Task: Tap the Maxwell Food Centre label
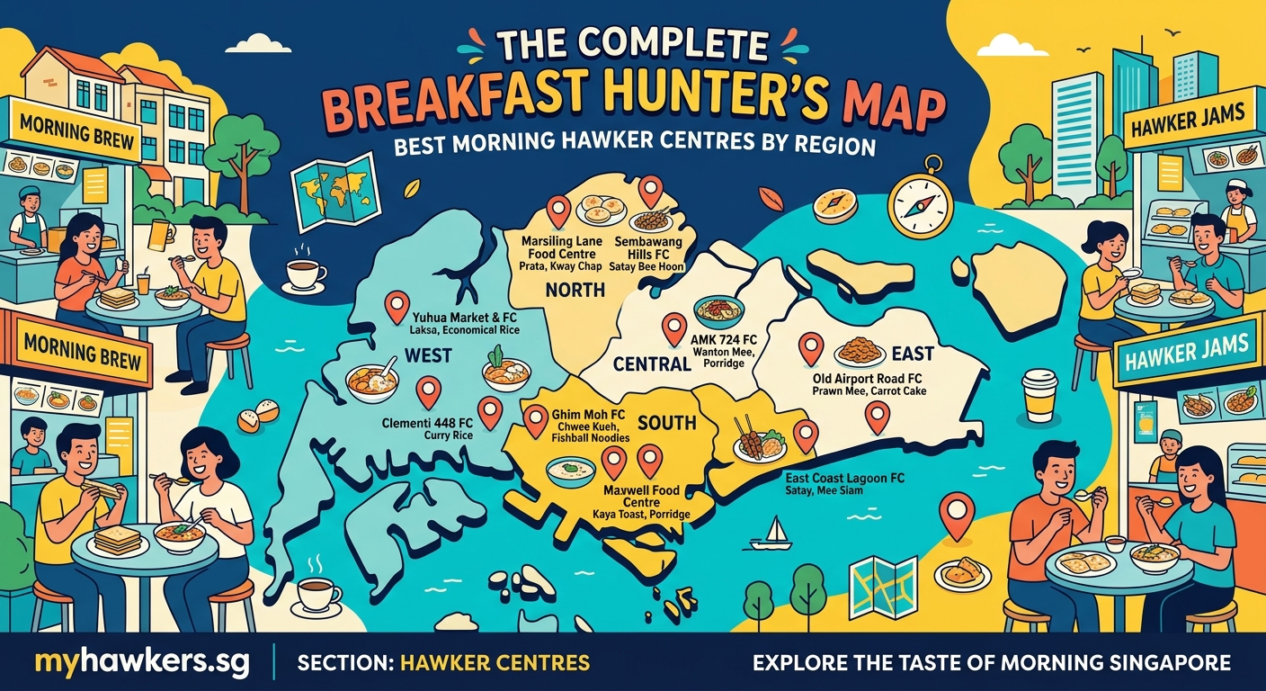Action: pyautogui.click(x=642, y=497)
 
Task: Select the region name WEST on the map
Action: pyautogui.click(x=428, y=355)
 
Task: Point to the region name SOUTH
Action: pyautogui.click(x=666, y=421)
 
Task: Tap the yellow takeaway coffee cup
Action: pyautogui.click(x=1039, y=395)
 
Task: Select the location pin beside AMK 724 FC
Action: pyautogui.click(x=673, y=328)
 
